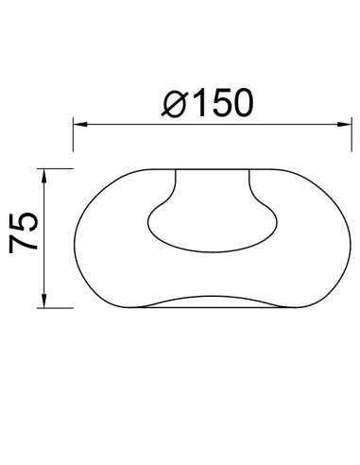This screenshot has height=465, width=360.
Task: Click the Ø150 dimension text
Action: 207,103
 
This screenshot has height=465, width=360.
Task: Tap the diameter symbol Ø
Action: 175,104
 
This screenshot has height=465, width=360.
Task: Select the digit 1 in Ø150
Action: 199,103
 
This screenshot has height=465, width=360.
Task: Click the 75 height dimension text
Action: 24,232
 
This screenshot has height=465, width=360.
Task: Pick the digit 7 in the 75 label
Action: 24,243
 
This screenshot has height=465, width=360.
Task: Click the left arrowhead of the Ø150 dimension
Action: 80,125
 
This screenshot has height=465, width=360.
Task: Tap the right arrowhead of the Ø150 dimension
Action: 344,125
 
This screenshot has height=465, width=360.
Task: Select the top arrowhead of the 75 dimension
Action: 44,176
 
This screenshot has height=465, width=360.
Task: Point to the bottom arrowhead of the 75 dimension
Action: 44,301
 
